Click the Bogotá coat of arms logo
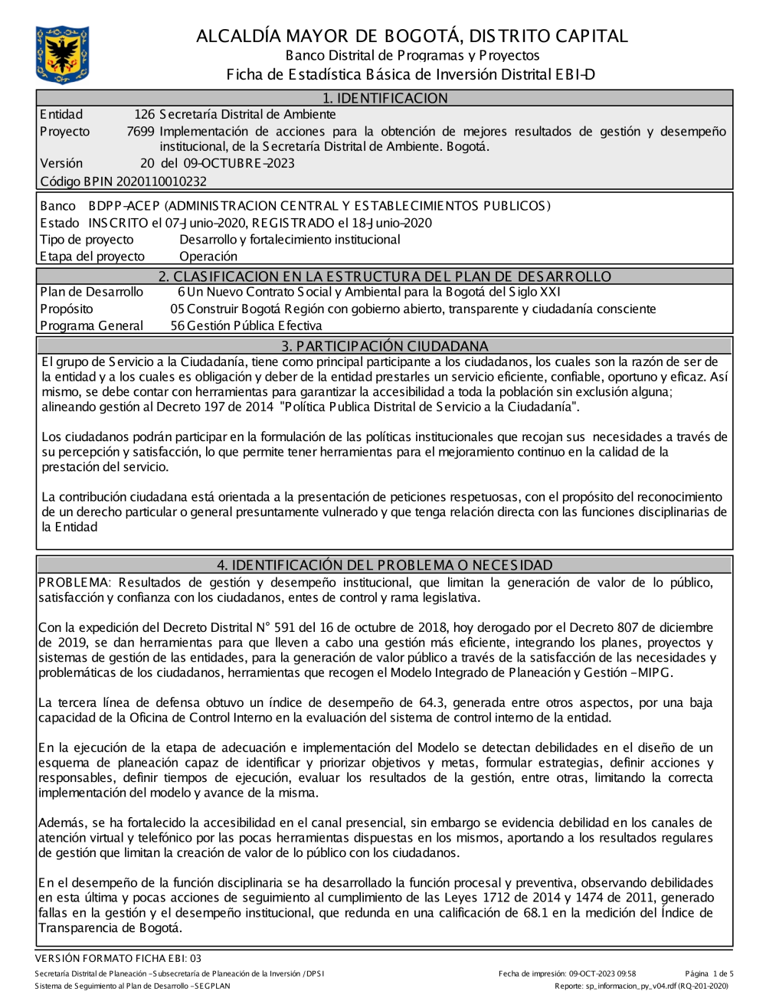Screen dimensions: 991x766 tap(62, 54)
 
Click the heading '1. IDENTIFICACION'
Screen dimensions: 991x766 tap(385, 98)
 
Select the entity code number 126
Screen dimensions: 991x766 tap(145, 115)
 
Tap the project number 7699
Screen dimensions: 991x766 tap(140, 132)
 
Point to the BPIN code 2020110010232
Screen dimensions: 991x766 tap(161, 182)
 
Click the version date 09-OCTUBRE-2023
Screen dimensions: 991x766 tap(238, 163)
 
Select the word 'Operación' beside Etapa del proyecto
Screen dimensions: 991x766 tap(208, 257)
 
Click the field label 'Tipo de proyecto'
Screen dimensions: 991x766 tap(87, 240)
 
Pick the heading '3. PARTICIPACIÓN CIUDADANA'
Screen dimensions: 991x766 tap(385, 346)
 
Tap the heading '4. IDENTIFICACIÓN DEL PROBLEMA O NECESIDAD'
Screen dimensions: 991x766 tap(385, 565)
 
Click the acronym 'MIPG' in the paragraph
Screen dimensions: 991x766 tap(656, 673)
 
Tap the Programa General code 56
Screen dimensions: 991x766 tap(178, 326)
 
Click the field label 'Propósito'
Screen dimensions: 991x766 tap(67, 309)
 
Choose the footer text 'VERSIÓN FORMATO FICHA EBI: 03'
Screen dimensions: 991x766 tap(118, 958)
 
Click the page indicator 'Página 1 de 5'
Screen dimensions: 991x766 tap(709, 974)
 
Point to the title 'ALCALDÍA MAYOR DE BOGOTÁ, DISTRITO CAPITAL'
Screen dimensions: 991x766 tap(412, 36)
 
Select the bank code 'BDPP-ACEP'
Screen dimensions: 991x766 tap(124, 206)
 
